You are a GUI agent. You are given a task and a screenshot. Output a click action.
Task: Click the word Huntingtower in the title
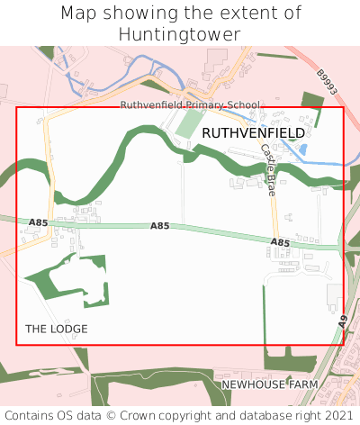click(180, 34)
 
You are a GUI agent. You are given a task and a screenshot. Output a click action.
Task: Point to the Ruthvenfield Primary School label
click(190, 105)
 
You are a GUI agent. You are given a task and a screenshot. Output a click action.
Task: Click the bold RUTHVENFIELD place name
click(253, 132)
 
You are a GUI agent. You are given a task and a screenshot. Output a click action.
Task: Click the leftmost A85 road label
click(38, 222)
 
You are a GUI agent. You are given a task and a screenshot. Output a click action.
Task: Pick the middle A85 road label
click(159, 225)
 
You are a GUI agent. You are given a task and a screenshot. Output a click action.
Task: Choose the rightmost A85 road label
click(280, 242)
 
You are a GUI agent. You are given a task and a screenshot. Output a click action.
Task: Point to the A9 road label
click(343, 321)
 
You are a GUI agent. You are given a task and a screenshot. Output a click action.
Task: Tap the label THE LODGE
click(57, 329)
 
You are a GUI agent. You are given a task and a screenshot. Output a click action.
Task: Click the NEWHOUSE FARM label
click(270, 384)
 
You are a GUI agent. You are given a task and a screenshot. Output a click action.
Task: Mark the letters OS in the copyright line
click(68, 415)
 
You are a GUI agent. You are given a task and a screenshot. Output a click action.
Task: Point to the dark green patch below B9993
click(311, 103)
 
